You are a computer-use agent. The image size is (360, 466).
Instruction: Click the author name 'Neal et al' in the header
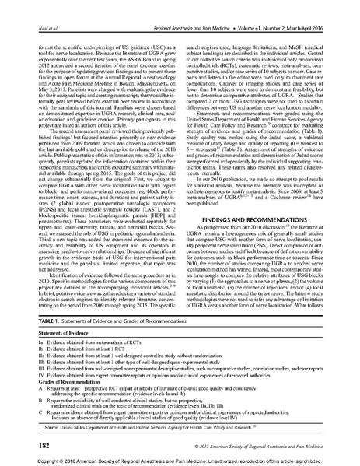pyautogui.click(x=28, y=6)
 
